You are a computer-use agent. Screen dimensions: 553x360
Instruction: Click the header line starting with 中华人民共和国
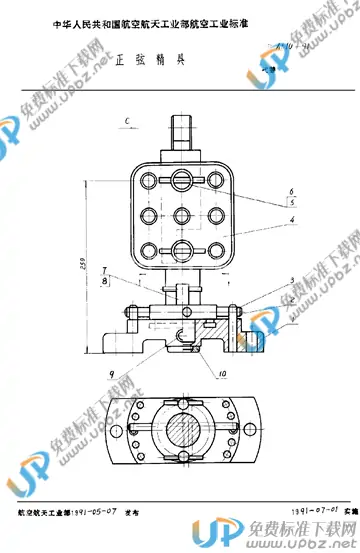point(150,15)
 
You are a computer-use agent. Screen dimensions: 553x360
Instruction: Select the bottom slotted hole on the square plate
point(183,248)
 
